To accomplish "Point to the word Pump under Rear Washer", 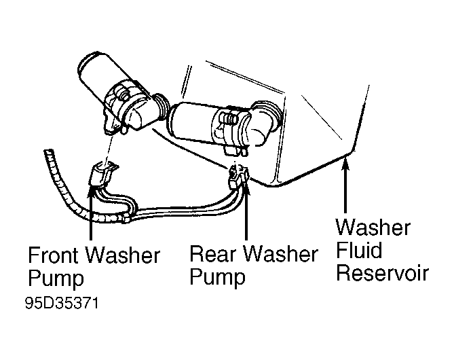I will [217, 277].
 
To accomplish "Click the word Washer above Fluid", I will [373, 227].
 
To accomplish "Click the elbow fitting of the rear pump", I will [265, 119].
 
